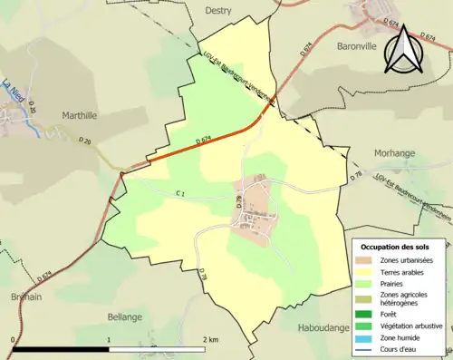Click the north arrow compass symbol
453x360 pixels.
pos(403,47)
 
